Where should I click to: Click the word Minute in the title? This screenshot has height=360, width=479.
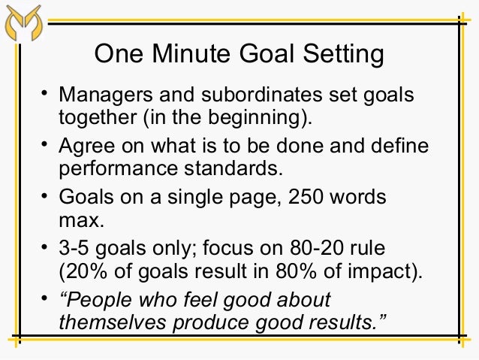click(193, 55)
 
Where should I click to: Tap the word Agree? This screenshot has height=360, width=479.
click(84, 147)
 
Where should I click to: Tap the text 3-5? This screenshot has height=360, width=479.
click(76, 248)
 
